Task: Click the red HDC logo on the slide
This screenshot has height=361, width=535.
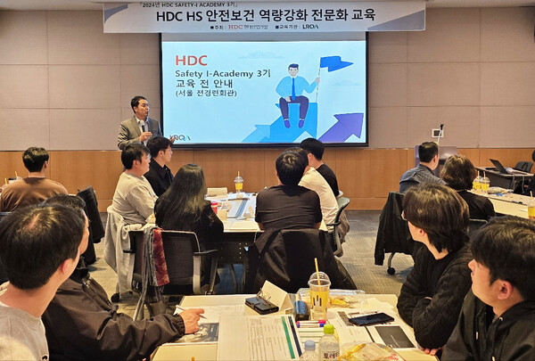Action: pyautogui.click(x=191, y=60)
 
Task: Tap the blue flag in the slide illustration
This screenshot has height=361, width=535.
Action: pyautogui.click(x=334, y=63)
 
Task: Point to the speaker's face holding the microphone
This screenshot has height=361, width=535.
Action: pyautogui.click(x=138, y=108)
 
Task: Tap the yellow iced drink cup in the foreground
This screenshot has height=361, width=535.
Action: pyautogui.click(x=319, y=294)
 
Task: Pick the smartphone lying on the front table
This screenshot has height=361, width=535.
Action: pyautogui.click(x=372, y=318)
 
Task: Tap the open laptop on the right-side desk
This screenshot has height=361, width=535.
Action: pyautogui.click(x=499, y=167)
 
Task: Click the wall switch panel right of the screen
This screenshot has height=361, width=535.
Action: pyautogui.click(x=437, y=133)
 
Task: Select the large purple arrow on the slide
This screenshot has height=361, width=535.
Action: pyautogui.click(x=344, y=127)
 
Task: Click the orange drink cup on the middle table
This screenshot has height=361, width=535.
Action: pyautogui.click(x=238, y=184)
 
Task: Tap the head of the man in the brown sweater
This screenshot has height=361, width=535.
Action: pyautogui.click(x=36, y=161)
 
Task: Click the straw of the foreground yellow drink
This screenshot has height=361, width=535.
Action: pyautogui.click(x=317, y=268)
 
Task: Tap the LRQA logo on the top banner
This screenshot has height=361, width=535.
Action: pyautogui.click(x=309, y=27)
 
